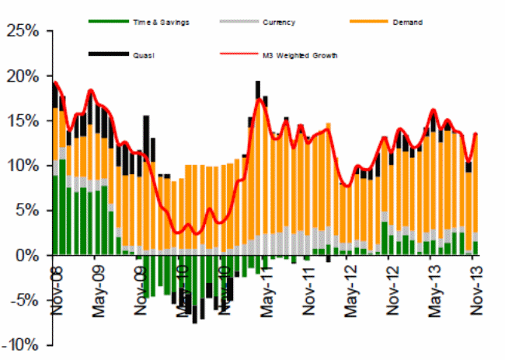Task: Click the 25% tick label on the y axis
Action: click(x=25, y=32)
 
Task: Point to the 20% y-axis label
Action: click(x=25, y=76)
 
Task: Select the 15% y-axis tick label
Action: click(x=25, y=121)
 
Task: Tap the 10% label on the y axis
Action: click(x=25, y=166)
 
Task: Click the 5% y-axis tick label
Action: click(x=28, y=210)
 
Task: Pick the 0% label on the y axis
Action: click(x=28, y=255)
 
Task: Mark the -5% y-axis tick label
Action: click(x=26, y=299)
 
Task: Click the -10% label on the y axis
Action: click(x=23, y=344)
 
